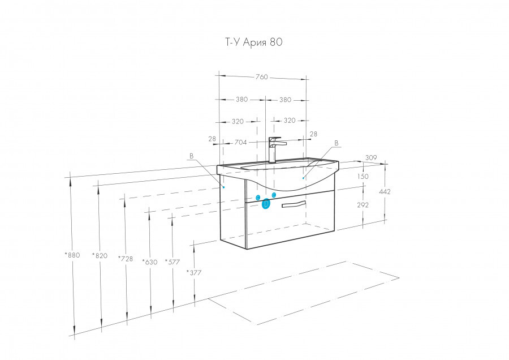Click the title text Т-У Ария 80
click(x=254, y=42)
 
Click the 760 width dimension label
click(x=262, y=77)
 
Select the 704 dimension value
click(x=240, y=142)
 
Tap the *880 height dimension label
click(x=72, y=255)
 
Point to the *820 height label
click(x=100, y=256)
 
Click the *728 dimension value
click(x=126, y=259)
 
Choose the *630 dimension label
click(x=150, y=262)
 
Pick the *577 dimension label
click(x=172, y=262)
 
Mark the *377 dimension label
click(x=194, y=273)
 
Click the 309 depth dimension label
click(x=371, y=157)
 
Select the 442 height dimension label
click(x=385, y=192)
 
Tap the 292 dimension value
click(x=363, y=205)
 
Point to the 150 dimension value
click(x=363, y=177)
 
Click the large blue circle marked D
click(x=266, y=204)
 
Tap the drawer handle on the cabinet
click(x=294, y=204)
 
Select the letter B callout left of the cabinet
click(x=191, y=156)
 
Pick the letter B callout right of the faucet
click(x=337, y=143)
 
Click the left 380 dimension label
click(x=241, y=100)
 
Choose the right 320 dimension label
click(x=290, y=121)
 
